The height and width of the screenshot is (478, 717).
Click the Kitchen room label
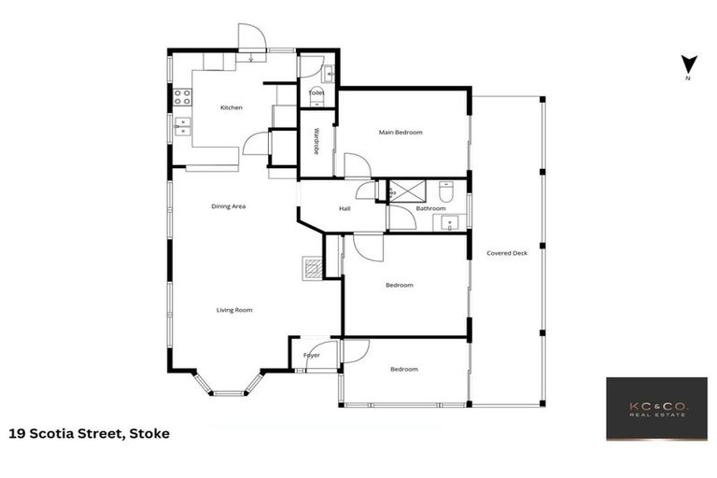click(x=231, y=107)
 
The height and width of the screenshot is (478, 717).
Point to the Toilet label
click(x=316, y=93)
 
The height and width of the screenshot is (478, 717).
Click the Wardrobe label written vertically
click(x=316, y=141)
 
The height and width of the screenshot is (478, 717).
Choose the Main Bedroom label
click(x=401, y=133)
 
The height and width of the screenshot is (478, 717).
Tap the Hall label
click(x=344, y=208)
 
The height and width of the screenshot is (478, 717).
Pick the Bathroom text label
click(x=430, y=208)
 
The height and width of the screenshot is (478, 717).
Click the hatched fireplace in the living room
click(x=312, y=269)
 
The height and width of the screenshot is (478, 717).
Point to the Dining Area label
click(x=228, y=205)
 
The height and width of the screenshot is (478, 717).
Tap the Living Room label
click(x=234, y=310)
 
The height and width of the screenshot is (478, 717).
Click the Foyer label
click(x=312, y=356)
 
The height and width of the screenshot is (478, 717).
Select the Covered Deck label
click(x=507, y=253)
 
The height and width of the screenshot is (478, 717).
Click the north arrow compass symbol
click(x=688, y=65)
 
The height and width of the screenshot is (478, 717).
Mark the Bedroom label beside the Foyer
click(x=404, y=370)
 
